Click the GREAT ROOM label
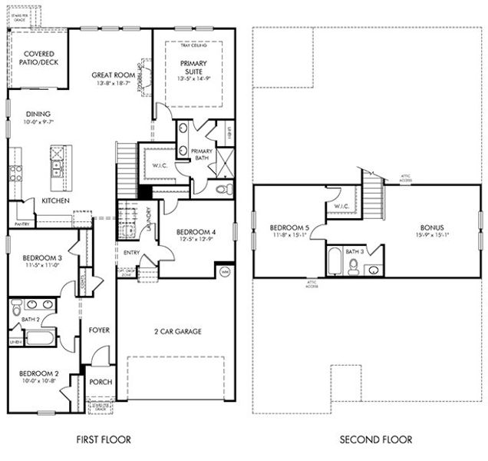point(114,75)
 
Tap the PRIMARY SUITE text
point(195,68)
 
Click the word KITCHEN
point(56,201)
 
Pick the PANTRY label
point(22,224)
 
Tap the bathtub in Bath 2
point(40,337)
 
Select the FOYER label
point(99,330)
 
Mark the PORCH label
point(100,382)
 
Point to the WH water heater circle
point(225,272)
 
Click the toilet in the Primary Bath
point(223,188)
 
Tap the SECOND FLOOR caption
point(376,440)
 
